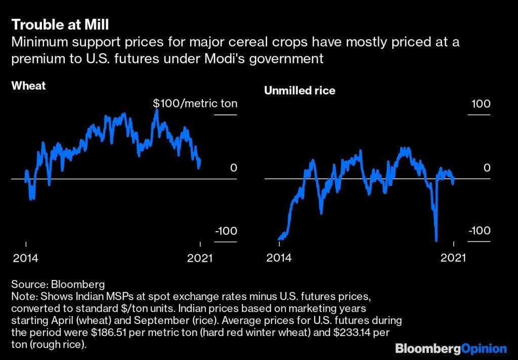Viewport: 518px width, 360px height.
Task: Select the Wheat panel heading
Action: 28,86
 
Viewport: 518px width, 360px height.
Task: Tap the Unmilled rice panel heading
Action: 299,91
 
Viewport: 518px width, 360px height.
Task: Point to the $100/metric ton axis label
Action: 195,104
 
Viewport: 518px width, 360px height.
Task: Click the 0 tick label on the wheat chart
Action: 233,168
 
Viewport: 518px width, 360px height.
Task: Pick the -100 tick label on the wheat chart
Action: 225,231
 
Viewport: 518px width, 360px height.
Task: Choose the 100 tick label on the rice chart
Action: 481,104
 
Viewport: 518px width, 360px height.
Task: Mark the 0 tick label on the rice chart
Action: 487,168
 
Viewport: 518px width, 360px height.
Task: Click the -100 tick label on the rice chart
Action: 479,231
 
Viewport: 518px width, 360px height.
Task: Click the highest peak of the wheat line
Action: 156,110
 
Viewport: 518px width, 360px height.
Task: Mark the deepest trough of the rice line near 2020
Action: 436,240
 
